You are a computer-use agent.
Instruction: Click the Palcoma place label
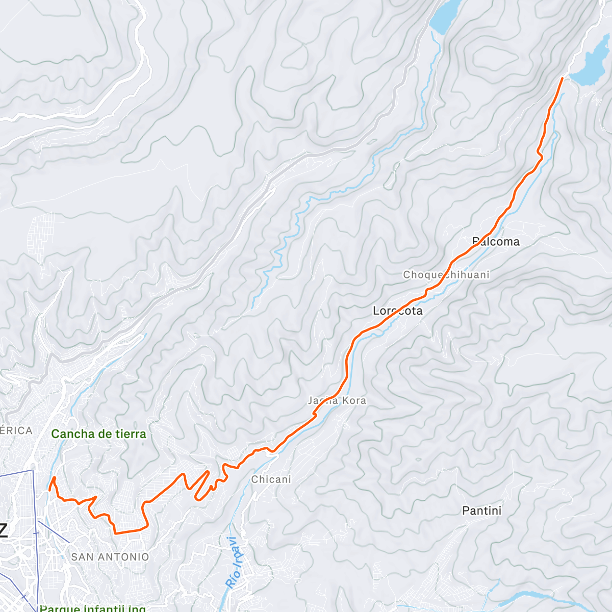pyautogui.click(x=496, y=242)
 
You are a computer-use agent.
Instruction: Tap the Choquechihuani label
pyautogui.click(x=446, y=275)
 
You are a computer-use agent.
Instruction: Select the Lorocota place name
pyautogui.click(x=398, y=311)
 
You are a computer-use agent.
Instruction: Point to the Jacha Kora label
pyautogui.click(x=337, y=400)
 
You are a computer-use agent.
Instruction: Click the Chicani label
pyautogui.click(x=271, y=479)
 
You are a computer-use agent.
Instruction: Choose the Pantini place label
pyautogui.click(x=481, y=511)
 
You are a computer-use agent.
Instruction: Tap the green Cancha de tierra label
pyautogui.click(x=98, y=434)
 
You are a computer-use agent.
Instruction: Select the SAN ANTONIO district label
pyautogui.click(x=110, y=557)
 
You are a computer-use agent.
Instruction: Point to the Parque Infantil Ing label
pyautogui.click(x=92, y=608)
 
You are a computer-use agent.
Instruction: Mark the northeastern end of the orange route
pyautogui.click(x=563, y=78)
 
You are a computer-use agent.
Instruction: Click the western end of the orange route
pyautogui.click(x=49, y=490)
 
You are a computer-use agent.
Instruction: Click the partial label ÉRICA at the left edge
pyautogui.click(x=16, y=430)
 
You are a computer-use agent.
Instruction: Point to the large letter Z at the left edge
pyautogui.click(x=3, y=530)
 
